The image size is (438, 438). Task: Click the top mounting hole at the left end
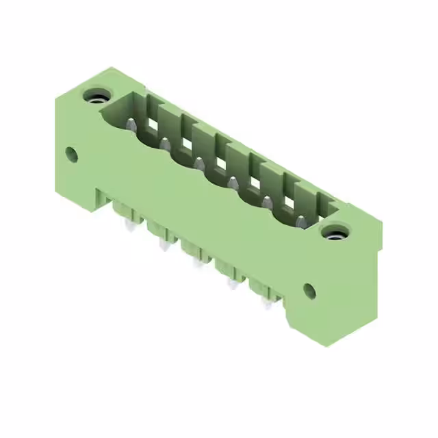point(95,96)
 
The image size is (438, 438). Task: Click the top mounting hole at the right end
point(335,233)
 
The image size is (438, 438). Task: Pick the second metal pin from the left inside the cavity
point(165,143)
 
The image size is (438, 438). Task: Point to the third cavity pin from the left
point(198,163)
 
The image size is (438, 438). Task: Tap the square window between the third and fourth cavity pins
point(220,166)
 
